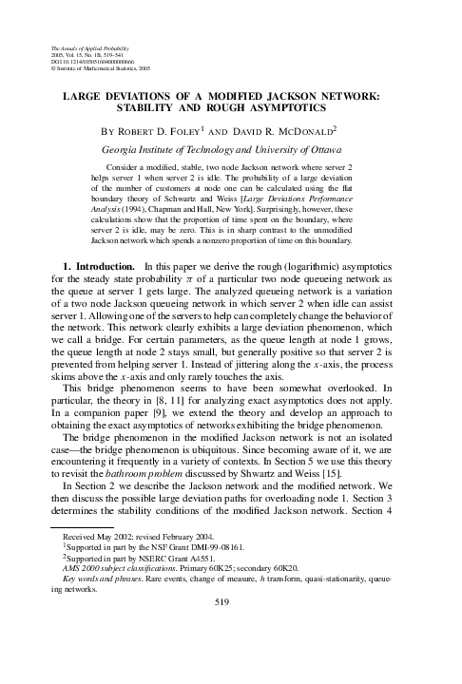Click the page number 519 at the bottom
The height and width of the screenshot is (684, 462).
(232, 655)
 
